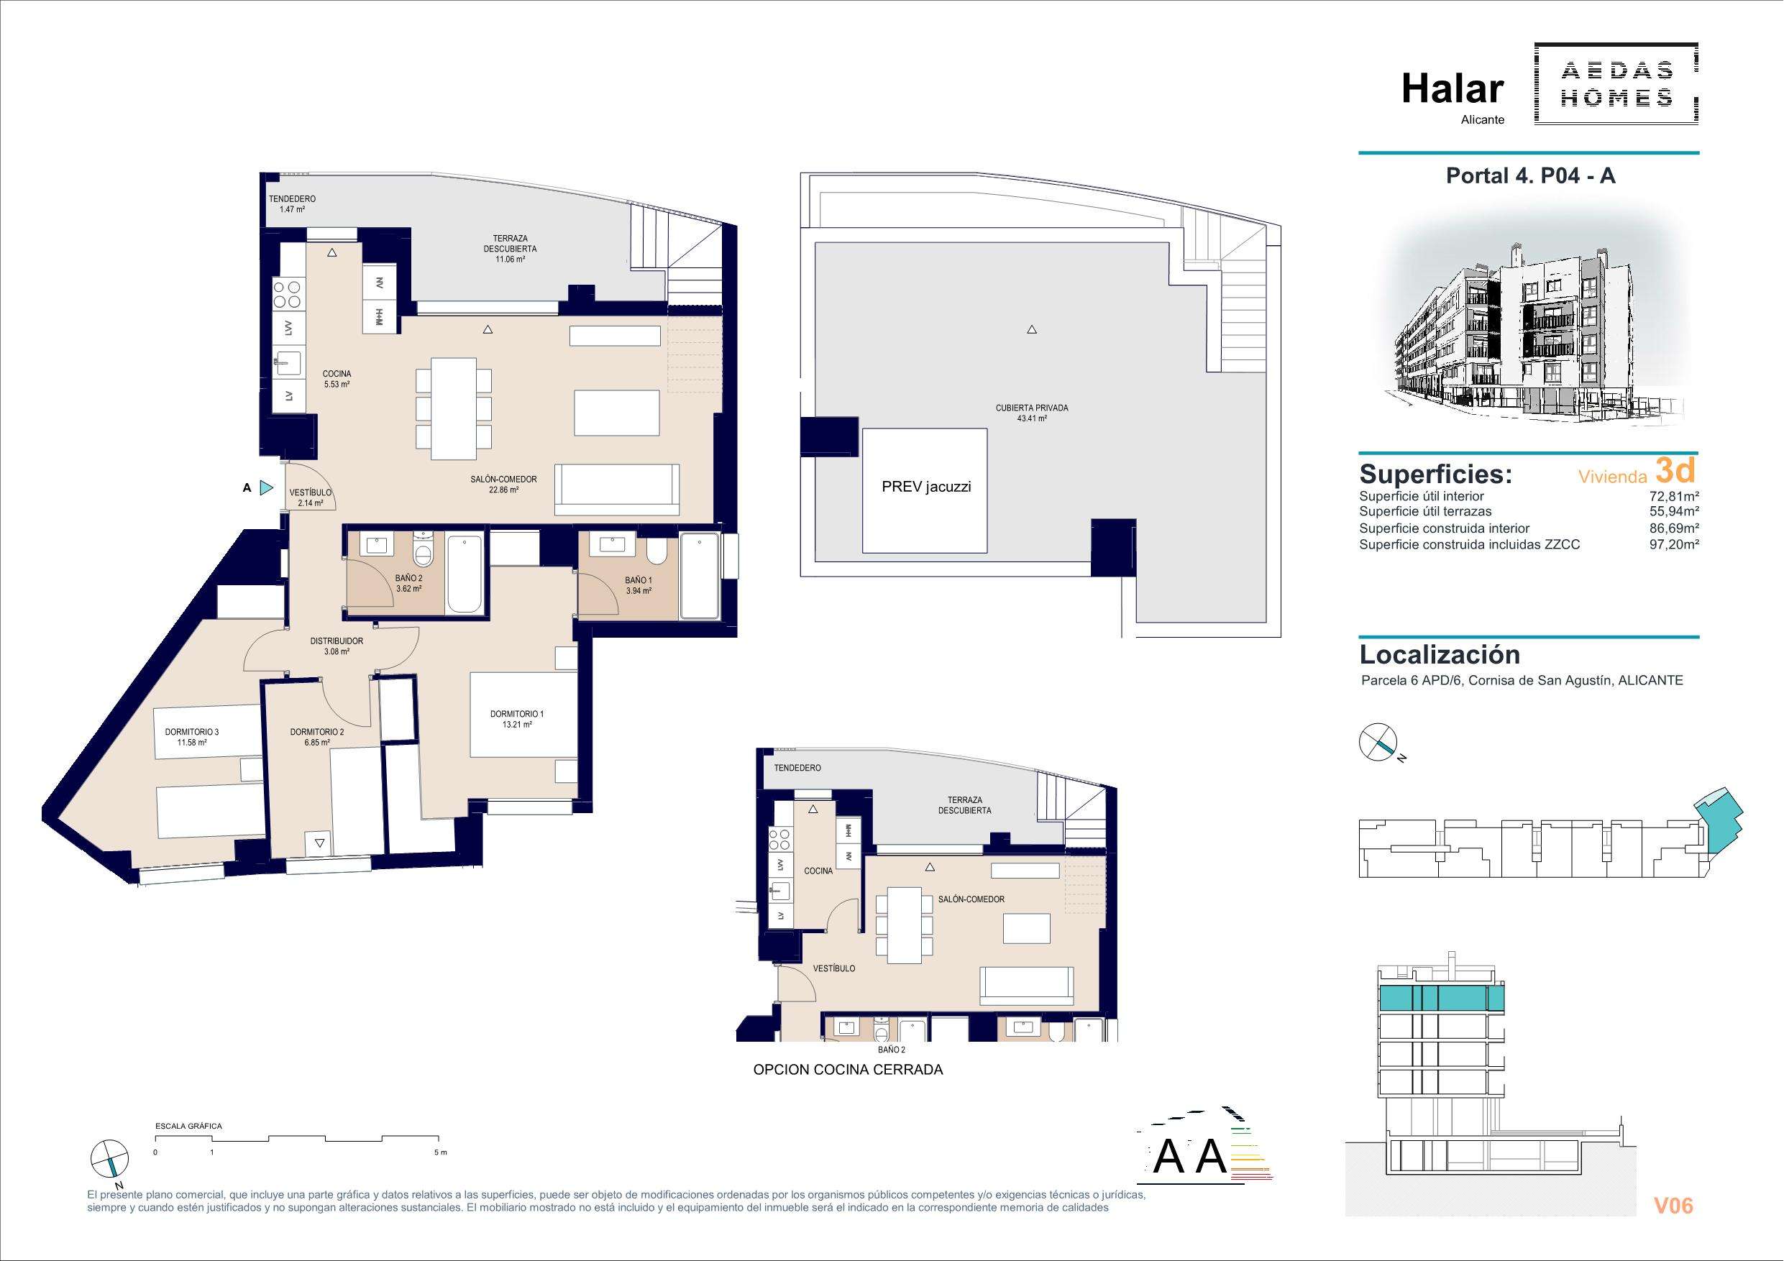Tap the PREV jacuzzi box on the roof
[925, 490]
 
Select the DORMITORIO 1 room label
[517, 714]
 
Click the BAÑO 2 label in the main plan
[408, 579]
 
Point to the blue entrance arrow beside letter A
[267, 488]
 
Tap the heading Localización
[1440, 655]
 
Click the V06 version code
[1673, 1206]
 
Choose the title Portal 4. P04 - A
[1530, 175]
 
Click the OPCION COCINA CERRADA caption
[848, 1070]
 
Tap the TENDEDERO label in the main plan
[292, 199]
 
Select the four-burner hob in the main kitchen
[288, 295]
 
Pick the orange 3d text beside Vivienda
[1674, 471]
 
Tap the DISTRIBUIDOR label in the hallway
[337, 641]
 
